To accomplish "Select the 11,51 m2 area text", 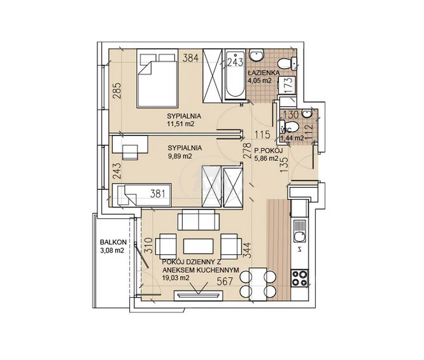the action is tap(181, 124).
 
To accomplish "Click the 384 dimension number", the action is tap(190, 58).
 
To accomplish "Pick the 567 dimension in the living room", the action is tap(225, 281).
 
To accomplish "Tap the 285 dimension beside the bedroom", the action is tap(118, 90).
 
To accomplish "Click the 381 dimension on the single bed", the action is tap(157, 193).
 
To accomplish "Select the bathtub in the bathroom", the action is tap(235, 75).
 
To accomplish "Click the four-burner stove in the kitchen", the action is tap(300, 278).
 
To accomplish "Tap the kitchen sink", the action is tap(300, 231).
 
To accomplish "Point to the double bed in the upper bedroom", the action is tap(157, 78).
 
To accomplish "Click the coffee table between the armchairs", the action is tap(199, 246).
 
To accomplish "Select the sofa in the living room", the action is tap(199, 219).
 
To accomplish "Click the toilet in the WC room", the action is tap(290, 127).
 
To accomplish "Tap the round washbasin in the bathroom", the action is tap(256, 55).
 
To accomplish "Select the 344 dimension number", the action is tap(248, 251).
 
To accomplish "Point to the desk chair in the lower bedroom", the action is tap(130, 152).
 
